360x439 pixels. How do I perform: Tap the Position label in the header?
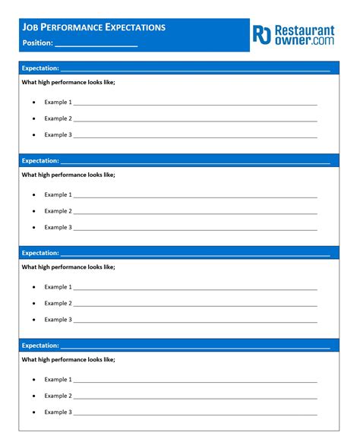tap(37, 43)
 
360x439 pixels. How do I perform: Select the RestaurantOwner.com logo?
tap(293, 35)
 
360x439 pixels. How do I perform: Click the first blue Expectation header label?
tap(40, 68)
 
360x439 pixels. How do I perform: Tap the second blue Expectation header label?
tap(40, 161)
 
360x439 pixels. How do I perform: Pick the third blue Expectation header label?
tap(40, 253)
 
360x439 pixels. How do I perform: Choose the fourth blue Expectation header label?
tap(40, 346)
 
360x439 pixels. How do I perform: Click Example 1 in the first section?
tap(58, 102)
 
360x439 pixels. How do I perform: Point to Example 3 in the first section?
tap(58, 134)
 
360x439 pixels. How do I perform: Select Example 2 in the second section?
tap(58, 211)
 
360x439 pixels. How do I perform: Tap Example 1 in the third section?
tap(58, 287)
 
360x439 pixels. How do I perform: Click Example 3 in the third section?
tap(58, 320)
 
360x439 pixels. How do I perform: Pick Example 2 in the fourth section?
tap(58, 396)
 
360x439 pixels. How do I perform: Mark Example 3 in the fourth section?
tap(58, 412)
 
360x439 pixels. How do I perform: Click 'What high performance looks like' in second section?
tap(68, 175)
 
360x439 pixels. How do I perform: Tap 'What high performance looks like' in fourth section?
tap(68, 359)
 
